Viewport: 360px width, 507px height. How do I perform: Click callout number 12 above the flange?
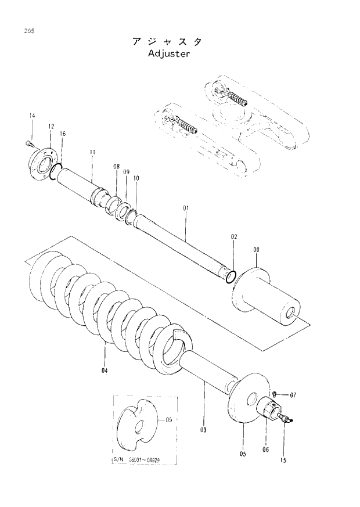51,126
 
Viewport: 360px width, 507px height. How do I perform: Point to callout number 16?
62,134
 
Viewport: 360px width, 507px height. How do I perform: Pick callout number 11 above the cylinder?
92,153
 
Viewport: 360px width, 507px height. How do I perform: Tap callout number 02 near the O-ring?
234,237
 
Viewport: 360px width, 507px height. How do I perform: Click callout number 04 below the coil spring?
105,371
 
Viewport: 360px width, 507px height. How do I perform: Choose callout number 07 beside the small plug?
293,395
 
